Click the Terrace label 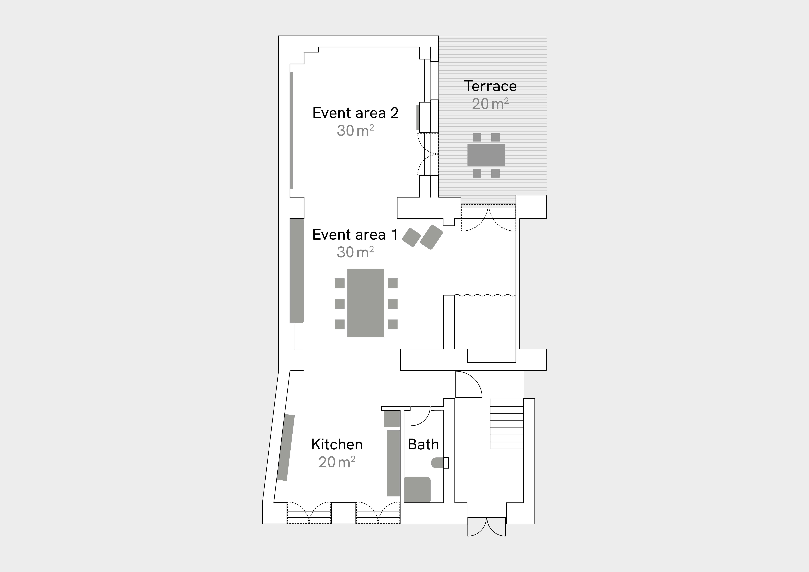[490, 86]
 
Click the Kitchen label [337, 444]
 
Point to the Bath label [423, 444]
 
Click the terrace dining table [486, 155]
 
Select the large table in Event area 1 [365, 303]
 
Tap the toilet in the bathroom [440, 463]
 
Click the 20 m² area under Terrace [490, 104]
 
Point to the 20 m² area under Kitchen [337, 462]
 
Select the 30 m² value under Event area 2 [355, 130]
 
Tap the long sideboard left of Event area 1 [297, 271]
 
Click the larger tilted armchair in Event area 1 [431, 237]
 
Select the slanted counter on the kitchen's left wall [285, 448]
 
